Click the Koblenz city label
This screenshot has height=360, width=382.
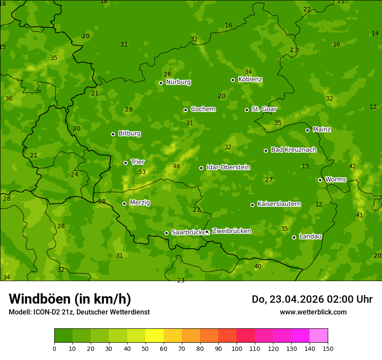[x=250, y=79]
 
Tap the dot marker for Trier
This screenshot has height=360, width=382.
[x=125, y=163]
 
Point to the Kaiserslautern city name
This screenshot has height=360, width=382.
[x=279, y=204]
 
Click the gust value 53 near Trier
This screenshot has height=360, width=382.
[x=142, y=172]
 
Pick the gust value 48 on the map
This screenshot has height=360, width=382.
[x=176, y=166]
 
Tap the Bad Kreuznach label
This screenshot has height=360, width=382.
[x=293, y=150]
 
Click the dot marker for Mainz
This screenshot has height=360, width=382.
[x=307, y=130]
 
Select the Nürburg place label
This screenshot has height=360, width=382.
[x=178, y=82]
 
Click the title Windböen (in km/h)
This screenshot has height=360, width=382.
[x=70, y=299]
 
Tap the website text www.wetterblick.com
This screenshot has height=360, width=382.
[x=313, y=312]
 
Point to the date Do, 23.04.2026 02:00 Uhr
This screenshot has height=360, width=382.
[x=312, y=299]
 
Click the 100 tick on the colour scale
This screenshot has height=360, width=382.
[x=237, y=348]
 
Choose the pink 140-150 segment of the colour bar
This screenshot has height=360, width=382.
[x=319, y=336]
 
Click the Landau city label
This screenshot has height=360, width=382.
[x=310, y=236]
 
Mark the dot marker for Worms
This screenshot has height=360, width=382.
[x=320, y=180]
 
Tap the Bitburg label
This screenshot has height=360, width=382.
[x=129, y=134]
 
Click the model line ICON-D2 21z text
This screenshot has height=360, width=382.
[x=79, y=312]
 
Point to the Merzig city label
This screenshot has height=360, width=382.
[x=140, y=203]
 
